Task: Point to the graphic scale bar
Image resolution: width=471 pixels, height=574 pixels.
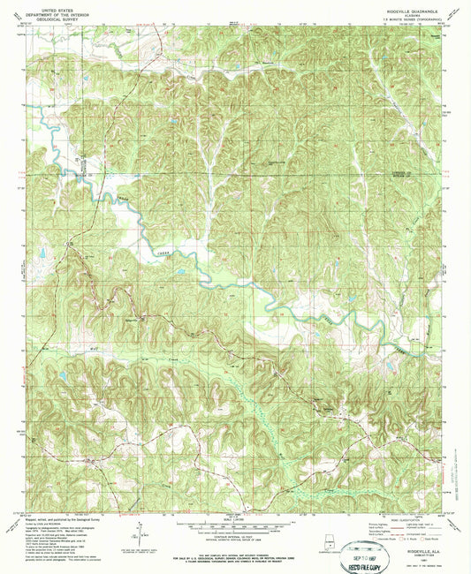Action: click(234, 521)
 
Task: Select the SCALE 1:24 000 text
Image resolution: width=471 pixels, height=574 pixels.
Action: click(234, 516)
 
